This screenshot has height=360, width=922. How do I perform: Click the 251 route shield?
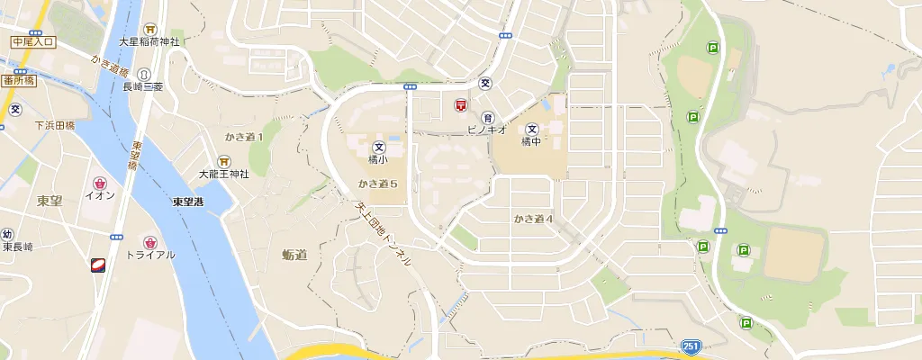click(x=690, y=346)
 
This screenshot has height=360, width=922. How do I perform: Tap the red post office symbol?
click(x=460, y=105)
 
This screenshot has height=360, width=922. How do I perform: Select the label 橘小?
click(x=378, y=159)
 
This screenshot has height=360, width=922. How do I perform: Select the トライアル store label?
click(x=150, y=255)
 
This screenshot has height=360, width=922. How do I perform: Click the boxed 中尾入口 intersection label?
click(x=33, y=41)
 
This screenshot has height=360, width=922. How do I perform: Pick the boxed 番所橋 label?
click(x=19, y=80)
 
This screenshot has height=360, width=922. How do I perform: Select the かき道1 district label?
click(x=244, y=137)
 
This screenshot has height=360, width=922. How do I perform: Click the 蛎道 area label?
click(x=294, y=255)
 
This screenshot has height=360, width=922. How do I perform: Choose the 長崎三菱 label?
click(x=142, y=86)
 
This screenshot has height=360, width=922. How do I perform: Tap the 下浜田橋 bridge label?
click(x=54, y=126)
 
